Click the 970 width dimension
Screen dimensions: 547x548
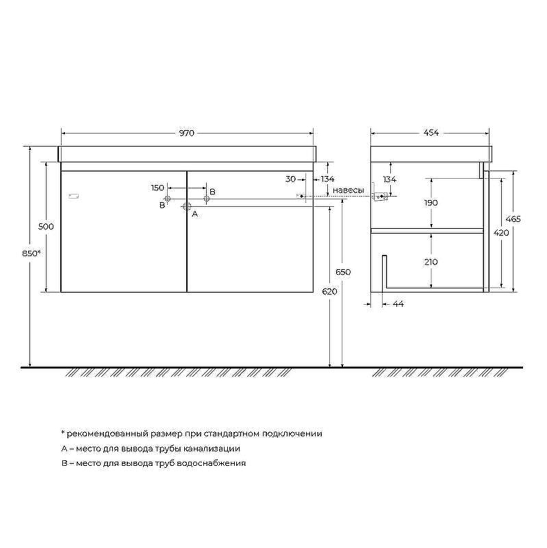click(x=187, y=133)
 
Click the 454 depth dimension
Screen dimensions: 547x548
click(x=431, y=133)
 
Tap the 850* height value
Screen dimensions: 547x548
click(x=31, y=253)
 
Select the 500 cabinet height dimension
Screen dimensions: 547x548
click(x=46, y=227)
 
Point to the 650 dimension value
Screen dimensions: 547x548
click(x=343, y=272)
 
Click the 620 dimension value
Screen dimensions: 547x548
click(x=329, y=292)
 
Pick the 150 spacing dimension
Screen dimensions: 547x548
click(x=157, y=188)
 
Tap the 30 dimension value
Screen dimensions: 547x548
click(x=291, y=179)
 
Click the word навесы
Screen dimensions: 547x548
click(x=348, y=190)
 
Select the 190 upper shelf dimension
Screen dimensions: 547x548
click(x=431, y=203)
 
